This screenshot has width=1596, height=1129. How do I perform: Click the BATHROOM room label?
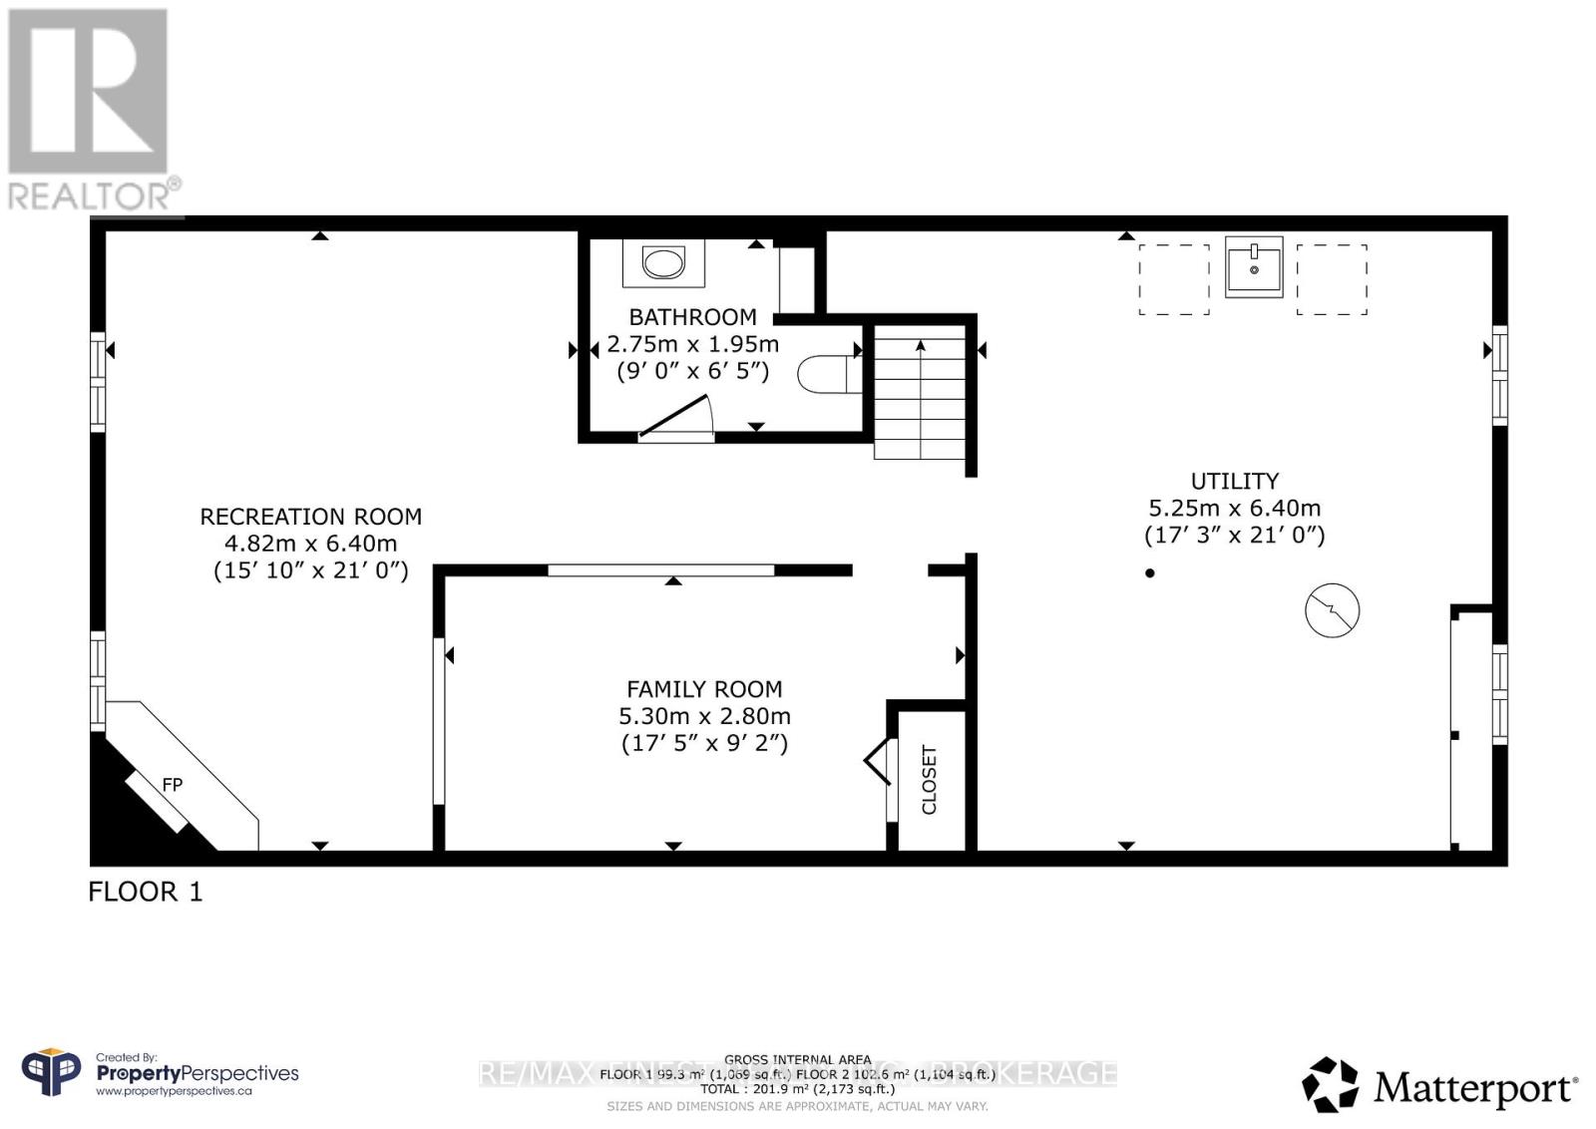(x=692, y=317)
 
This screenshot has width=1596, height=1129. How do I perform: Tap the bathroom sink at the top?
(x=663, y=263)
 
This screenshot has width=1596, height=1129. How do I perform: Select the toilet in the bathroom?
(x=822, y=374)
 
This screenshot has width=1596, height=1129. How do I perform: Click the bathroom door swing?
(x=678, y=417)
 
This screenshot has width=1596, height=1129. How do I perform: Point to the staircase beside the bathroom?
(x=920, y=397)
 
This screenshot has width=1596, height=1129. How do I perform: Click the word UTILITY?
(x=1234, y=481)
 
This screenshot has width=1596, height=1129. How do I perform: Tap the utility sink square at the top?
(x=1254, y=266)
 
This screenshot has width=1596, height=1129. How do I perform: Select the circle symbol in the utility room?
(x=1333, y=609)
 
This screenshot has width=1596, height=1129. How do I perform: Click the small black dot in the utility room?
(x=1150, y=572)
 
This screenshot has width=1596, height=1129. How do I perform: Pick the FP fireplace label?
(x=173, y=785)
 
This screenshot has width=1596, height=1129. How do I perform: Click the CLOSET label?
(x=929, y=780)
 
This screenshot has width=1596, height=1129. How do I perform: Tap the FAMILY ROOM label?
(x=704, y=689)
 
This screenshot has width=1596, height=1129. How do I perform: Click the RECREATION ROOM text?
(x=311, y=517)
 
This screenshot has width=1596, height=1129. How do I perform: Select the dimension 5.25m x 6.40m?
(x=1234, y=508)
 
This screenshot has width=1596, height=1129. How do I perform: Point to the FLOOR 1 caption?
(x=146, y=892)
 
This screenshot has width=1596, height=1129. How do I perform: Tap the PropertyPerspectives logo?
(x=160, y=1074)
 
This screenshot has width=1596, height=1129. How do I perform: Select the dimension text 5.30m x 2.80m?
(x=704, y=716)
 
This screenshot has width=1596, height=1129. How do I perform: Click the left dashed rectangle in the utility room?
(x=1174, y=279)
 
